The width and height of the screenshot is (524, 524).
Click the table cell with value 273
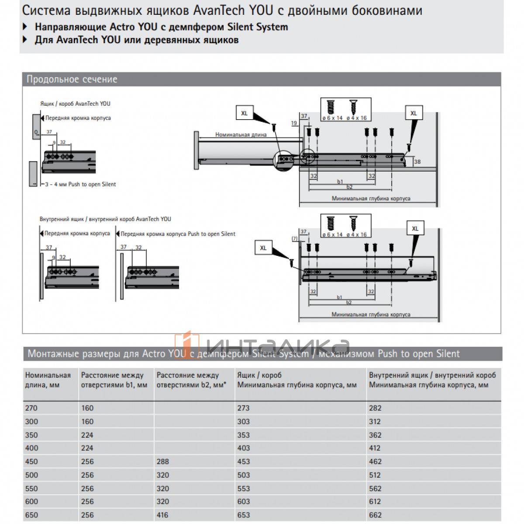243,408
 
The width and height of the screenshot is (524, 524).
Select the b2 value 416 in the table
162,515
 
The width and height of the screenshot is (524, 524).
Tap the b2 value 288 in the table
162,461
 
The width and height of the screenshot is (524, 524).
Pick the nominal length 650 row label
31,515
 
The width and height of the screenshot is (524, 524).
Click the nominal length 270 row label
31,408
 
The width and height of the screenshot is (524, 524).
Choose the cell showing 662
375,515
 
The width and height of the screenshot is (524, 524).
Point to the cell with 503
243,475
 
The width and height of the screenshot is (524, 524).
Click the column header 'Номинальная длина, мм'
48,380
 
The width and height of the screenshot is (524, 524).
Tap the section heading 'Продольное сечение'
72,79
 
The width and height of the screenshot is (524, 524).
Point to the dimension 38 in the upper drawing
417,162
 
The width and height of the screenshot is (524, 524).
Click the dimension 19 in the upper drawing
294,123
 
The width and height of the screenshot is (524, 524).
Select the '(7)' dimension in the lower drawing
294,239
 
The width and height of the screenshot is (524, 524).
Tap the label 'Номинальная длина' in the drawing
241,134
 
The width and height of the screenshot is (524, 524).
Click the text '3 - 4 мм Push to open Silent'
81,184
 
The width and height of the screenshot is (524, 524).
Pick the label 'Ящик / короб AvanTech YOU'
75,104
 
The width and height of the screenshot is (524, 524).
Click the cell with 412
375,448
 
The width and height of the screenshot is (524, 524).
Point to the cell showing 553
243,488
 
